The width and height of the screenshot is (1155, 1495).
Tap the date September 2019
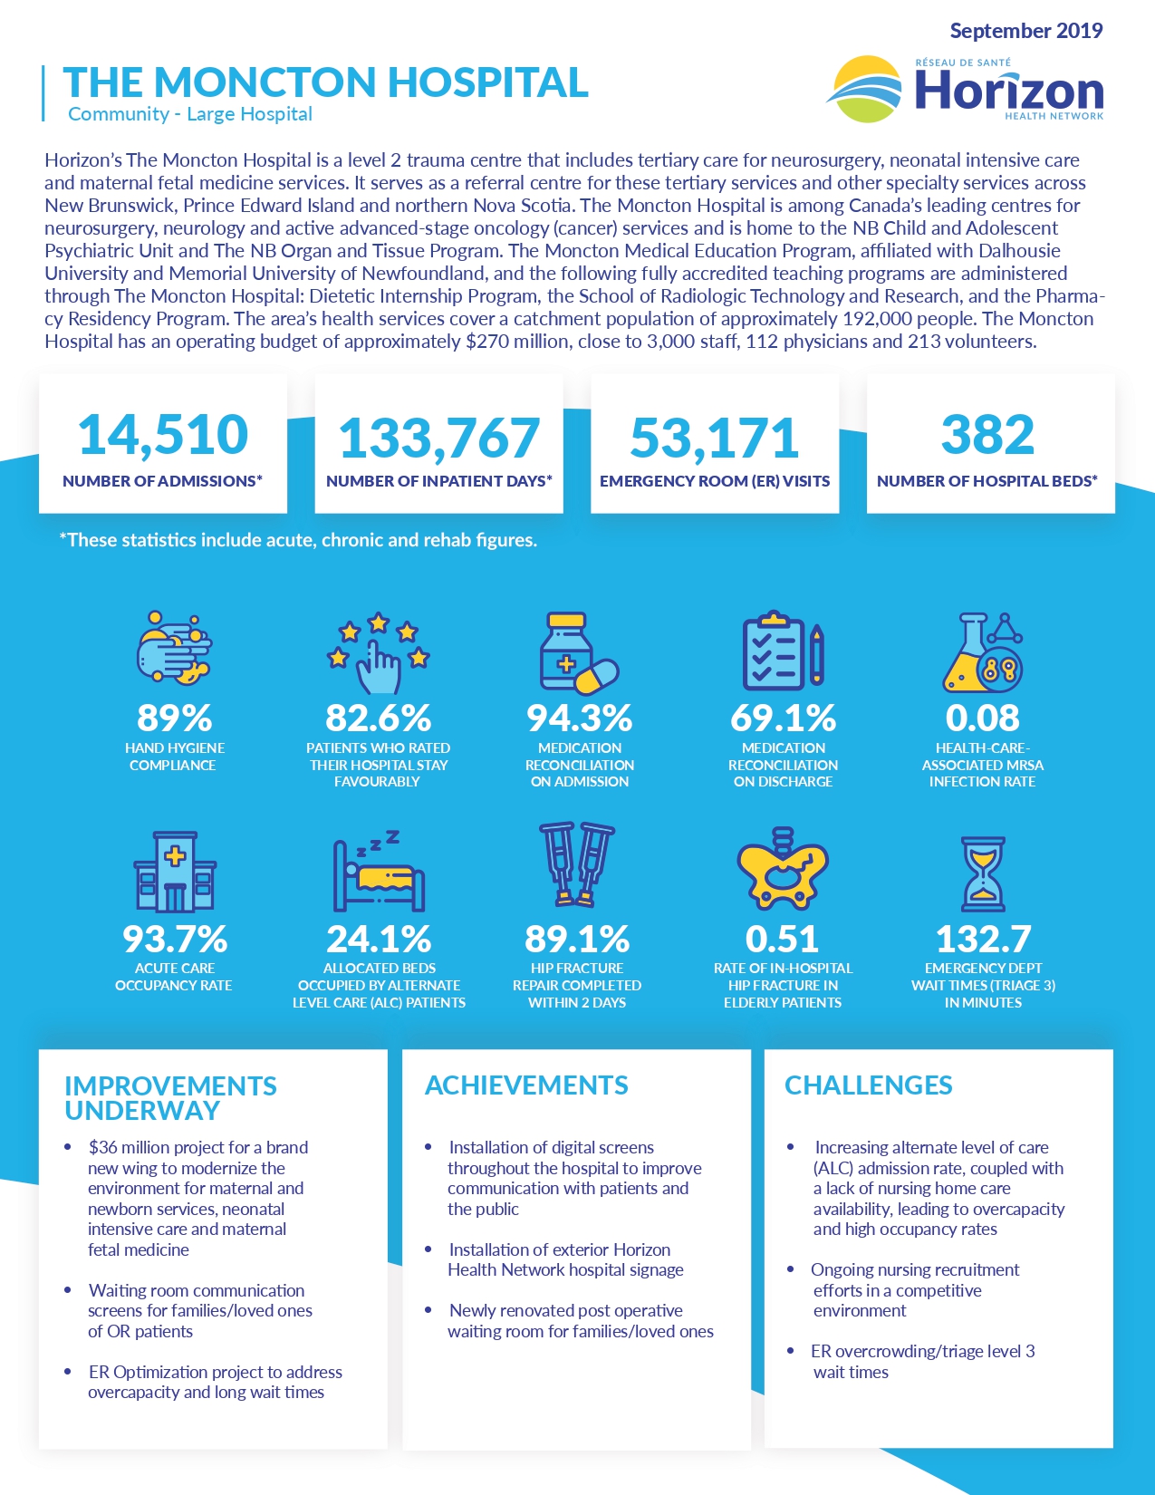[x=1025, y=31]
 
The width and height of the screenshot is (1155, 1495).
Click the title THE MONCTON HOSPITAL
[x=325, y=82]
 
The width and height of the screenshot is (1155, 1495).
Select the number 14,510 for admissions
[x=163, y=435]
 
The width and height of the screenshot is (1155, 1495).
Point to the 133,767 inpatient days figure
[x=439, y=438]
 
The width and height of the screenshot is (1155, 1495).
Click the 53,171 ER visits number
[x=715, y=438]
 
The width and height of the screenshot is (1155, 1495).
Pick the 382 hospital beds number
[x=987, y=435]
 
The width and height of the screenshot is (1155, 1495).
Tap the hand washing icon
[x=174, y=648]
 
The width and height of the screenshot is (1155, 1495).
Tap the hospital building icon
[x=175, y=872]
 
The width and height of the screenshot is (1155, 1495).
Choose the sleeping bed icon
[x=379, y=872]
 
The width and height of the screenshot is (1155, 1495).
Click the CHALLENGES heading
[x=868, y=1085]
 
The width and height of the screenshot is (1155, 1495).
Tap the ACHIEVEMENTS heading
[x=526, y=1085]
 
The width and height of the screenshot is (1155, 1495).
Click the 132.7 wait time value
[x=983, y=940]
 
